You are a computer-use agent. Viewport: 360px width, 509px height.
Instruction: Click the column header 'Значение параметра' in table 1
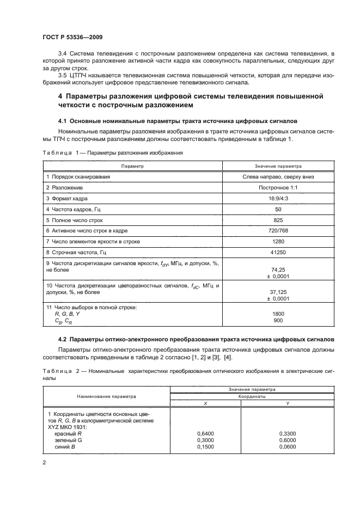point(278,165)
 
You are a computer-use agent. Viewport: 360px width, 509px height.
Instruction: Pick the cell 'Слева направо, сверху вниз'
point(278,176)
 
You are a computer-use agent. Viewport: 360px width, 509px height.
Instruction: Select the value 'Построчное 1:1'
point(278,187)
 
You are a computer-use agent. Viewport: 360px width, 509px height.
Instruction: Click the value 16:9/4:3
point(278,198)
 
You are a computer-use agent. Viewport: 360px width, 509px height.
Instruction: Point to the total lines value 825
point(278,220)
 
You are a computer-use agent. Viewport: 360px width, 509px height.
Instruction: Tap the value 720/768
point(278,231)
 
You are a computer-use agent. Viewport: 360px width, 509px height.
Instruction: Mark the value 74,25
point(278,269)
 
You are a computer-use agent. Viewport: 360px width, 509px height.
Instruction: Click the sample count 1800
point(278,314)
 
